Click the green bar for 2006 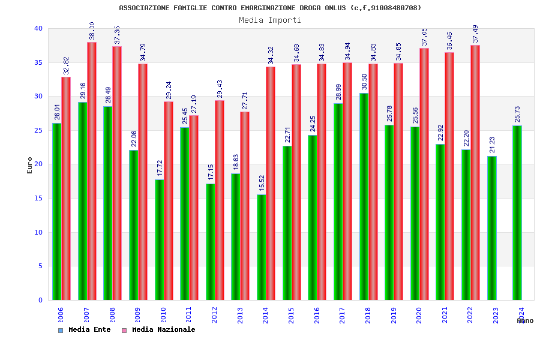coord(56,211)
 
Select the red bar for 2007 coord(92,171)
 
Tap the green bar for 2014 coord(262,247)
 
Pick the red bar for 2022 coord(475,172)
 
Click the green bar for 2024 coord(517,212)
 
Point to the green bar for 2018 coord(364,196)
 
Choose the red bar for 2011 coord(194,207)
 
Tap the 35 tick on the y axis coord(38,62)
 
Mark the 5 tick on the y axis coord(40,266)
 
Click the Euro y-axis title coord(29,165)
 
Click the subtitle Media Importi coord(270,20)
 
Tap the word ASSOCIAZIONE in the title coord(143,8)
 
